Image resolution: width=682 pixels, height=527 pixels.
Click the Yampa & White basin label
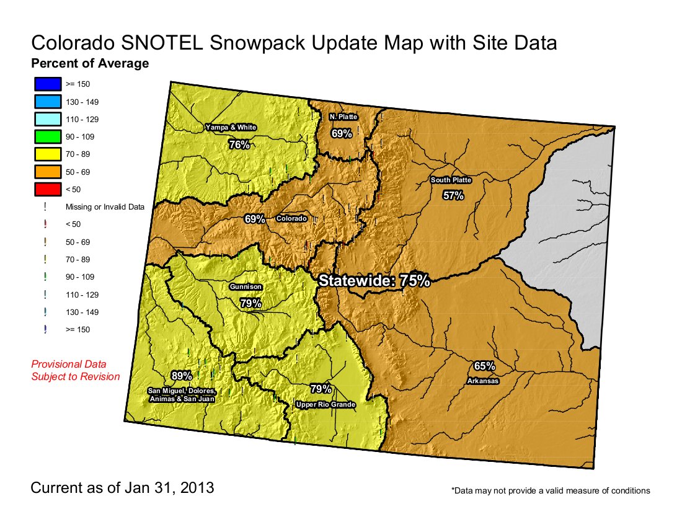[231, 127]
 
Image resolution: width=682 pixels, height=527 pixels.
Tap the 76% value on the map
[239, 144]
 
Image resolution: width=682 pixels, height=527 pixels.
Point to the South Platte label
[451, 180]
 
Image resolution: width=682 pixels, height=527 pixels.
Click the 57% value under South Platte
[453, 196]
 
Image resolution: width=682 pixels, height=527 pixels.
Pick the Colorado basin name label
[291, 219]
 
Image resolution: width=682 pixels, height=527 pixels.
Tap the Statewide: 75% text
[374, 280]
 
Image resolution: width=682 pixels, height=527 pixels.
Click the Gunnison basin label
[246, 287]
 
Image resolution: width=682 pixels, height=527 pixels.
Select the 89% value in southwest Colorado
[182, 376]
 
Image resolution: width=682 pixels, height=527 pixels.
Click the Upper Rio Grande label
[325, 405]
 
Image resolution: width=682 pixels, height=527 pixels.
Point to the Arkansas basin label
[482, 381]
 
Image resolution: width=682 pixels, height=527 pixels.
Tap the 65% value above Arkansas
[484, 366]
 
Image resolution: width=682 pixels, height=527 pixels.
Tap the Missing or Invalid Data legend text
[105, 207]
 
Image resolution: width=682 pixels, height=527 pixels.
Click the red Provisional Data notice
[75, 370]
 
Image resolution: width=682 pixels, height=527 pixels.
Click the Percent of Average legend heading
[90, 63]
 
